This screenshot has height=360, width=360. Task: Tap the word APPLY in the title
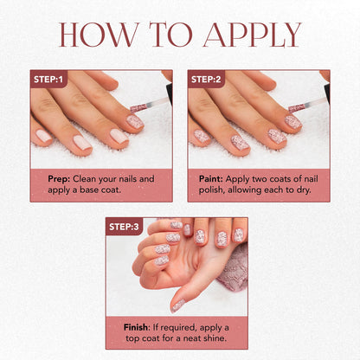tap(252, 35)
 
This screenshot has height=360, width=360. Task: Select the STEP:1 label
tap(48, 79)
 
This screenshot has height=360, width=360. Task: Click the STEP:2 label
tap(206, 79)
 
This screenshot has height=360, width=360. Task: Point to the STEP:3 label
tap(124, 227)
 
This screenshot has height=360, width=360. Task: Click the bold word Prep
tap(59, 179)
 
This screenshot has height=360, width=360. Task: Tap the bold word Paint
tap(211, 179)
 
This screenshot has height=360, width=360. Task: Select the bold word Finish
tap(136, 327)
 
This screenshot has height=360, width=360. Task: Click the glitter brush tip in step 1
tap(138, 108)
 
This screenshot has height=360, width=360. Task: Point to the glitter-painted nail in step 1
tap(135, 122)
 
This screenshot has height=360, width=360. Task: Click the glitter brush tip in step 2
tap(297, 109)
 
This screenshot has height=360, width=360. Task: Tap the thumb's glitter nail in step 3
tap(177, 306)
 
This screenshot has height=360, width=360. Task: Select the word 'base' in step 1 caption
tap(89, 190)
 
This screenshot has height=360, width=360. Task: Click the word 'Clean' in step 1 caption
tap(84, 179)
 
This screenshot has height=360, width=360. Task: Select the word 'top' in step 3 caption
tap(132, 338)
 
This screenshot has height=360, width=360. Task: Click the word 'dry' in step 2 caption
tap(304, 190)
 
